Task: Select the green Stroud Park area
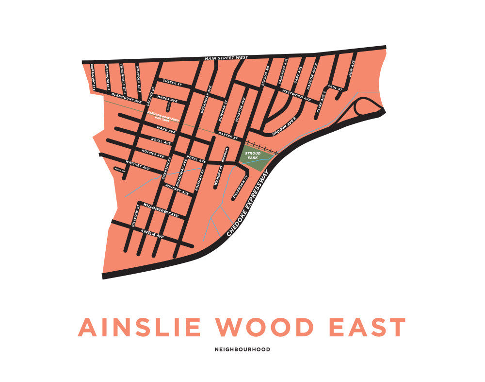(253, 157)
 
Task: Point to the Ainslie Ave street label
(152, 234)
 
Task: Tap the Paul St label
(335, 87)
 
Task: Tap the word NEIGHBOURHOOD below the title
(242, 349)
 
